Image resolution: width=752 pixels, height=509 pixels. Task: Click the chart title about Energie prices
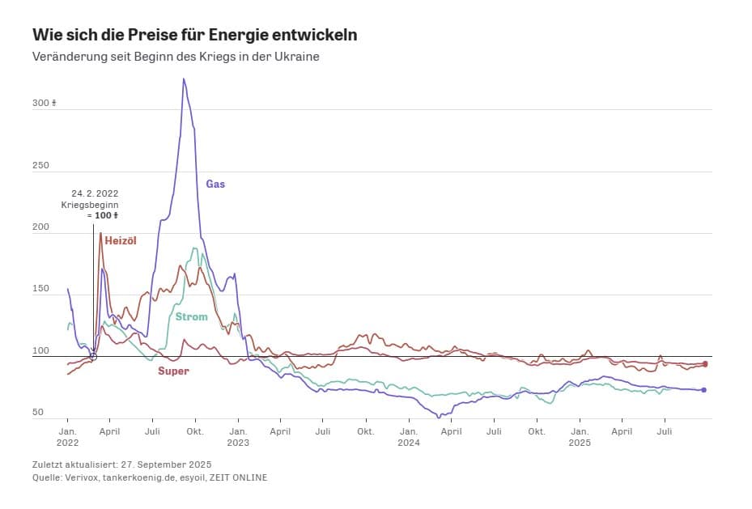pyautogui.click(x=194, y=36)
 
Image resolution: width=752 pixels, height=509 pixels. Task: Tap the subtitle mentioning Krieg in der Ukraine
pyautogui.click(x=176, y=57)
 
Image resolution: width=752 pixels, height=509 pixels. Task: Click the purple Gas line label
pyautogui.click(x=215, y=184)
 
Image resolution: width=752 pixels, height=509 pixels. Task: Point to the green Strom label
pyautogui.click(x=191, y=316)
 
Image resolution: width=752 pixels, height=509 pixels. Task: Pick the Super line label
pyautogui.click(x=173, y=371)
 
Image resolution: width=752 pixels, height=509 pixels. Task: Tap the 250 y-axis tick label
pyautogui.click(x=40, y=166)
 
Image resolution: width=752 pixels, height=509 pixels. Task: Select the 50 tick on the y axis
pyautogui.click(x=38, y=413)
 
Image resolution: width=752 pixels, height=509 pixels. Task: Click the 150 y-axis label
pyautogui.click(x=40, y=289)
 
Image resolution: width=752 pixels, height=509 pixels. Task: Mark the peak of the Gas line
pyautogui.click(x=184, y=78)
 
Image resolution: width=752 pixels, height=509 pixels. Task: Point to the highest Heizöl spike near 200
pyautogui.click(x=100, y=234)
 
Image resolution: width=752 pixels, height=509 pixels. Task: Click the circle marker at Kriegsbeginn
pyautogui.click(x=93, y=356)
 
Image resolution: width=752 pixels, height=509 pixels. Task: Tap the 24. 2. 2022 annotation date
pyautogui.click(x=95, y=193)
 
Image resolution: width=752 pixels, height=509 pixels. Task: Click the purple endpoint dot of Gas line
pyautogui.click(x=704, y=390)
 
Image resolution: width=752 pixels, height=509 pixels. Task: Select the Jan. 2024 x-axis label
pyautogui.click(x=409, y=437)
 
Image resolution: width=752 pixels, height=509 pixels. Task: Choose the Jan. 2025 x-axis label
pyautogui.click(x=579, y=437)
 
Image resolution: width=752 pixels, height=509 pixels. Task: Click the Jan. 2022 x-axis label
pyautogui.click(x=67, y=437)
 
